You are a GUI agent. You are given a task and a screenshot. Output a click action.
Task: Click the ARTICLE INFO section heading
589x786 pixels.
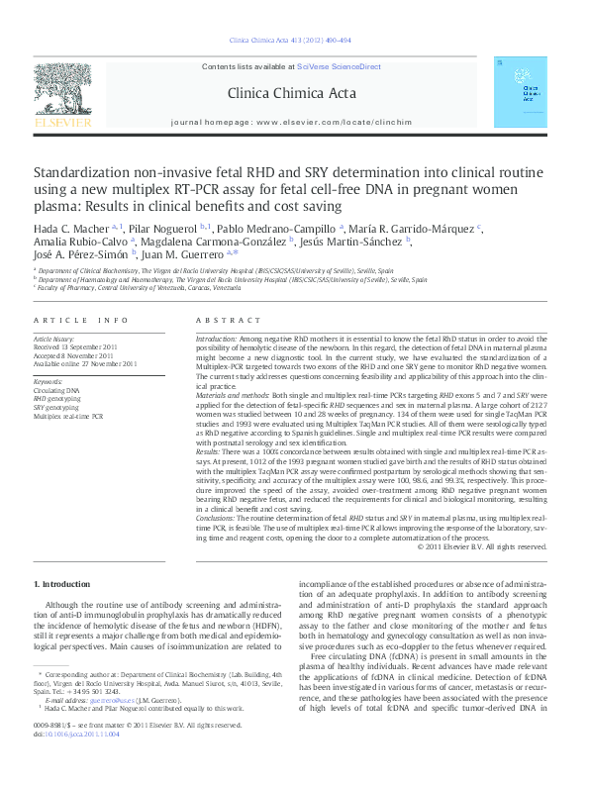[80, 321]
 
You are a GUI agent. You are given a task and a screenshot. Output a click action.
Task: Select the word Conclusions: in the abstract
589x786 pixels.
[221, 519]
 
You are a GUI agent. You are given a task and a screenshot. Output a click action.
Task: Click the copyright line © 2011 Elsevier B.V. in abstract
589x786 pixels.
[481, 544]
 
